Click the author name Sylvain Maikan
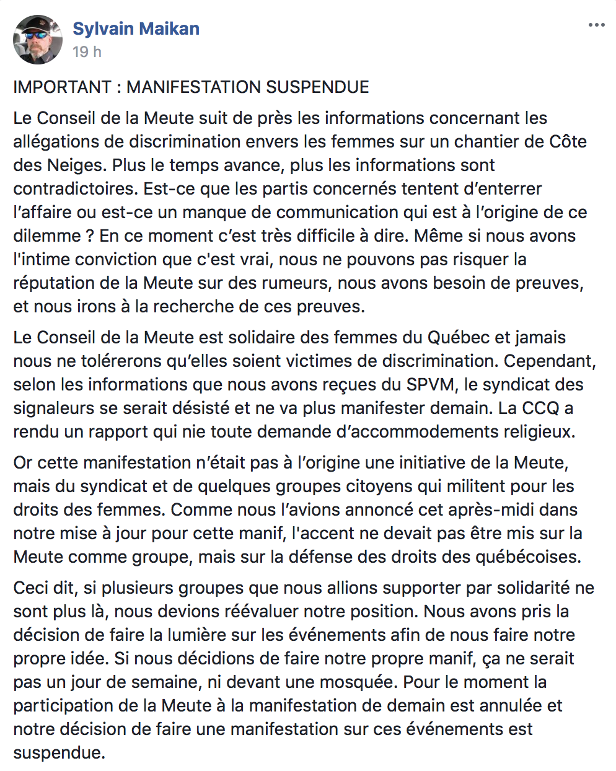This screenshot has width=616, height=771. pos(136,29)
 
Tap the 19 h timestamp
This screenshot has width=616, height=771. pos(87,52)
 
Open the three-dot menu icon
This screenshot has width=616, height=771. pos(596,25)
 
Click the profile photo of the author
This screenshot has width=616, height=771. pos(38,40)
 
